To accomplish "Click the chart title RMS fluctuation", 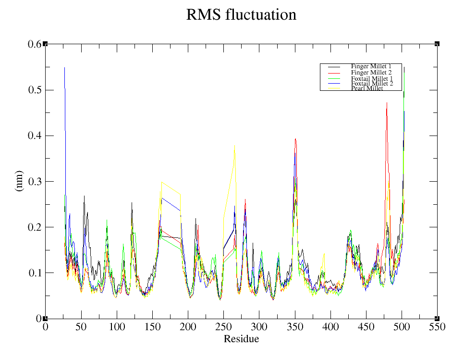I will click(241, 15).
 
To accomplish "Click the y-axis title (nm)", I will click(20, 181).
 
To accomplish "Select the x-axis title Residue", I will click(241, 339).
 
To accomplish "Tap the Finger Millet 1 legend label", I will click(371, 66).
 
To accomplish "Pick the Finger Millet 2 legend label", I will click(371, 72).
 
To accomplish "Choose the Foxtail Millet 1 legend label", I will click(372, 78).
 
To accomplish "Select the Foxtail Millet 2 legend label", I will click(372, 84).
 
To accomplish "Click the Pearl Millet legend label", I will click(367, 89).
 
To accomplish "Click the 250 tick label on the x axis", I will click(223, 327).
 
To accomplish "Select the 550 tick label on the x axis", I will click(437, 327).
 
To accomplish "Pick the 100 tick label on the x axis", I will click(117, 327).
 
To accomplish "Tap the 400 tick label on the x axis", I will click(330, 327).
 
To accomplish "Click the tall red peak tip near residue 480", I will click(387, 103).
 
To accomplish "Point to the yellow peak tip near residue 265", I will click(235, 144).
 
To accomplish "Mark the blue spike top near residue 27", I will click(64, 68).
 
